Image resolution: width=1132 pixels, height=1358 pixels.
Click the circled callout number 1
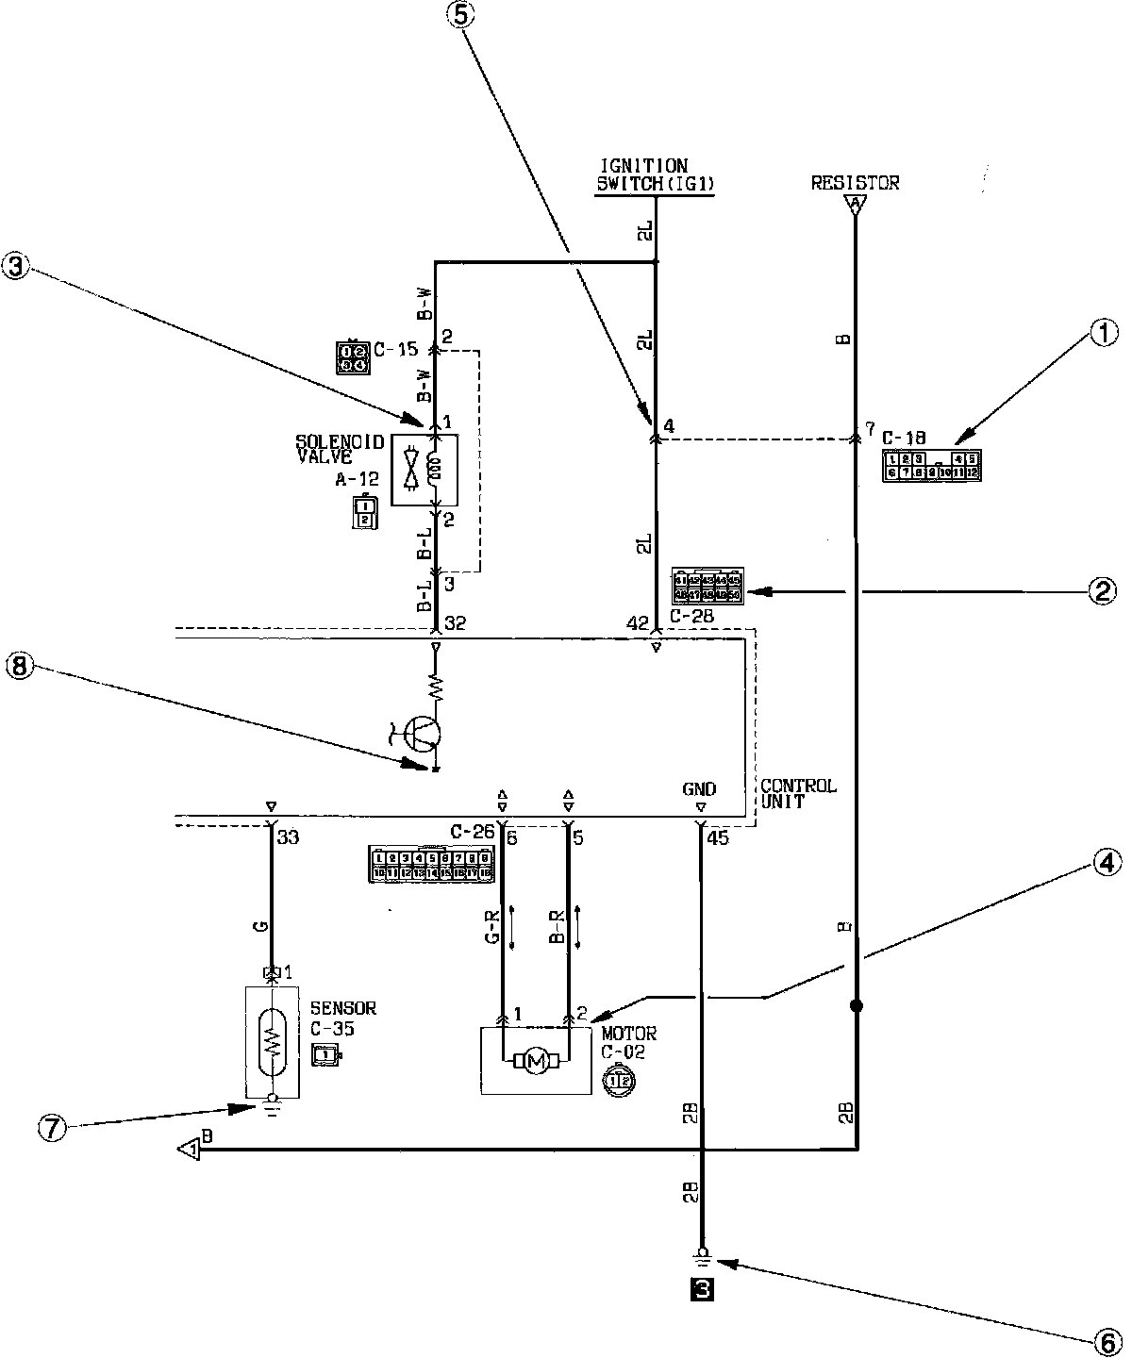tap(1104, 332)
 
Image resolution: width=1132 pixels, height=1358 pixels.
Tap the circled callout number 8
tap(20, 666)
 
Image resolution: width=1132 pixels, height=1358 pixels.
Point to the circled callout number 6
tap(1104, 1337)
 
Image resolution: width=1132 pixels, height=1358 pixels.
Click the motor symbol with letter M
tap(536, 1062)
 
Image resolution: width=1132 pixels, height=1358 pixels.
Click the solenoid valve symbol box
tap(424, 470)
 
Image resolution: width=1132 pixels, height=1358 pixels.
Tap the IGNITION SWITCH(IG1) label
tap(654, 176)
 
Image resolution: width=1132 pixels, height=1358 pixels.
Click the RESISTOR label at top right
tap(855, 183)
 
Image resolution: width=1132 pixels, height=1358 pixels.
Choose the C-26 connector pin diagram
tap(433, 864)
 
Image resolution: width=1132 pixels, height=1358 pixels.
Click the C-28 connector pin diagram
tap(707, 586)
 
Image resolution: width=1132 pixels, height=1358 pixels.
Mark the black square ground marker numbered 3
tap(703, 1289)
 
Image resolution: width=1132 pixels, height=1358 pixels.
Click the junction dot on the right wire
tap(857, 1006)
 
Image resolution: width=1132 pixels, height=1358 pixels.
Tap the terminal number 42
tap(638, 622)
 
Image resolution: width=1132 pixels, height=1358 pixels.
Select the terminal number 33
tap(288, 835)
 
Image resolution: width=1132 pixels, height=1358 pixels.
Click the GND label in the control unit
tap(700, 789)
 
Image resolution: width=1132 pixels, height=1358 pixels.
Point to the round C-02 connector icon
tap(619, 1080)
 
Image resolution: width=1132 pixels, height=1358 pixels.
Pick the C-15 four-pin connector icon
tap(352, 356)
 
